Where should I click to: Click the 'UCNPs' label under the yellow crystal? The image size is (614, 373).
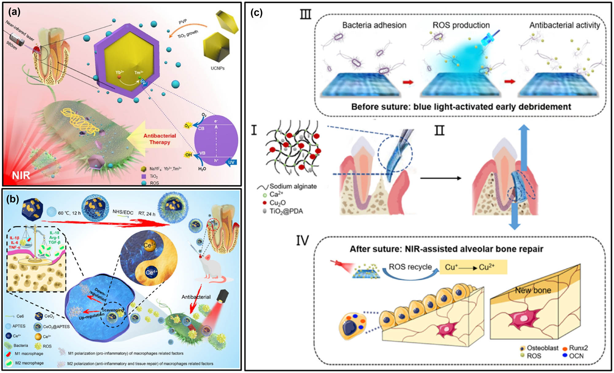[x=217, y=68]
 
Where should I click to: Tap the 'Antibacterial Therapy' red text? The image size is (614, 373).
[x=160, y=139]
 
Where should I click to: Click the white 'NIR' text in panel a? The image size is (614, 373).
[x=21, y=175]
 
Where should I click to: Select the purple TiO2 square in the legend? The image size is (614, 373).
[x=144, y=177]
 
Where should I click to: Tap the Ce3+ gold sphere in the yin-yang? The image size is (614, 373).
[x=150, y=245]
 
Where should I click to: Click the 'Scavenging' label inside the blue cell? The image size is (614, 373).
[x=113, y=310]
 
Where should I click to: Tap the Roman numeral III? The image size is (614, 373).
[x=305, y=14]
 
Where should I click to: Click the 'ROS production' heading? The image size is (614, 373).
[x=461, y=25]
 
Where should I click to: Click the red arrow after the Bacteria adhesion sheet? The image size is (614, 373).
[x=408, y=82]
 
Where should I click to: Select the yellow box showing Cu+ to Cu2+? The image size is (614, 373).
[x=473, y=267]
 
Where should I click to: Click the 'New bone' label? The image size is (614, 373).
[x=533, y=290]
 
